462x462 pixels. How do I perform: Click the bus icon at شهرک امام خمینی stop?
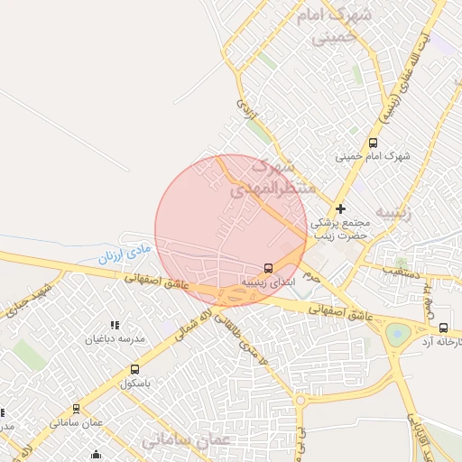374,143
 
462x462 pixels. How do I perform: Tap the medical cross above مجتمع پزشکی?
340,208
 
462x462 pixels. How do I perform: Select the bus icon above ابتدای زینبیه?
268,268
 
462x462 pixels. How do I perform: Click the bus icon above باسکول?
134,369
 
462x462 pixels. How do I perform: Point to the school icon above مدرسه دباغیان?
115,325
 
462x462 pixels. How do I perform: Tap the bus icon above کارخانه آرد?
443,328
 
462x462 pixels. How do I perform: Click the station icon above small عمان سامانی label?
77,409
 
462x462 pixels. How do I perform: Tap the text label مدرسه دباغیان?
115,339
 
